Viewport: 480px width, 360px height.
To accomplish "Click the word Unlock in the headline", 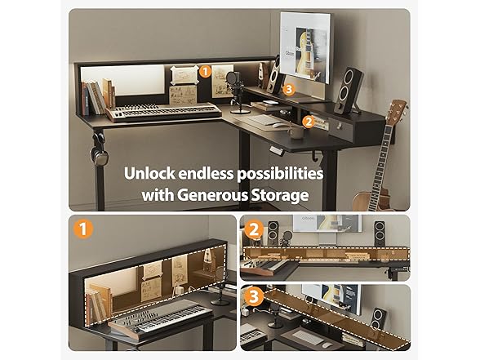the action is [x=149, y=173].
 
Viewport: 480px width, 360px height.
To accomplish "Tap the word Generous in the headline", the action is [x=213, y=195].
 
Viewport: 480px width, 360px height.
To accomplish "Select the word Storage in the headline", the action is [x=280, y=196].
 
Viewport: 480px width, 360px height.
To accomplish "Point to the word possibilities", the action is [x=280, y=174].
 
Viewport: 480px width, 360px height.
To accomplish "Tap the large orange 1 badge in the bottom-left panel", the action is [x=83, y=229].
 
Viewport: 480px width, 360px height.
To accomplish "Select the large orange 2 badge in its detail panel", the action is [x=254, y=230].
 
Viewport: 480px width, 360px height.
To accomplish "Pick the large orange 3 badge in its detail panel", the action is [x=254, y=296].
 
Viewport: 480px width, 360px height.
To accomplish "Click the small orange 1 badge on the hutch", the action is [x=205, y=72].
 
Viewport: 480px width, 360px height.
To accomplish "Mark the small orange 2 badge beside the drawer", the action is [x=309, y=122].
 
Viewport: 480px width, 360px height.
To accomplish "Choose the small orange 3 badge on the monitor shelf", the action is [x=288, y=90].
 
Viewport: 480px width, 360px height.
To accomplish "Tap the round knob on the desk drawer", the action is [x=340, y=126].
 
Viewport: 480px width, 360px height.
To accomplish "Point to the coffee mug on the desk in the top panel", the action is [x=296, y=132].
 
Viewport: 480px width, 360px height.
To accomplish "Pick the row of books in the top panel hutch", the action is [x=98, y=96].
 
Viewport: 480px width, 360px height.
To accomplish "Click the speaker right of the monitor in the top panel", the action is [x=349, y=91].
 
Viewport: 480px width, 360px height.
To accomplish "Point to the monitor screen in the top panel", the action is [x=305, y=47].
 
